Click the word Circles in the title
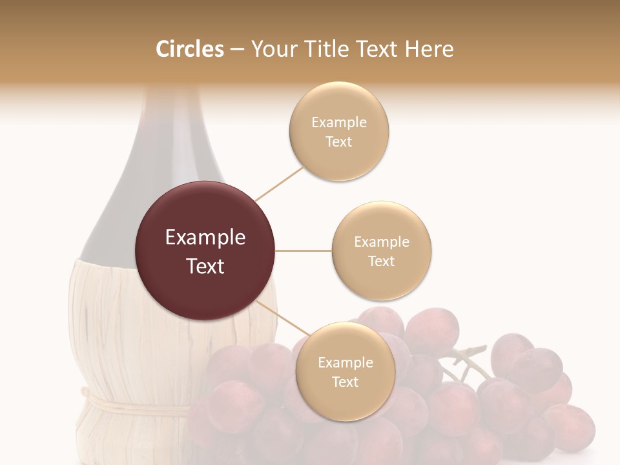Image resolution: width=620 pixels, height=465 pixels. click(x=189, y=49)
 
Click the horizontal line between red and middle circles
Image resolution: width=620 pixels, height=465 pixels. click(x=303, y=251)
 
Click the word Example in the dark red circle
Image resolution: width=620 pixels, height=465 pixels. click(x=205, y=238)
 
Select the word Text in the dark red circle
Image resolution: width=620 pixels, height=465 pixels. click(x=205, y=266)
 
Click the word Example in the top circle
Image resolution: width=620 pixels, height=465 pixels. click(x=338, y=122)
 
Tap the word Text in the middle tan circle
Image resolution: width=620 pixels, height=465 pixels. click(x=381, y=261)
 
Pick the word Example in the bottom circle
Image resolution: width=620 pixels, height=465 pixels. click(x=345, y=362)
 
